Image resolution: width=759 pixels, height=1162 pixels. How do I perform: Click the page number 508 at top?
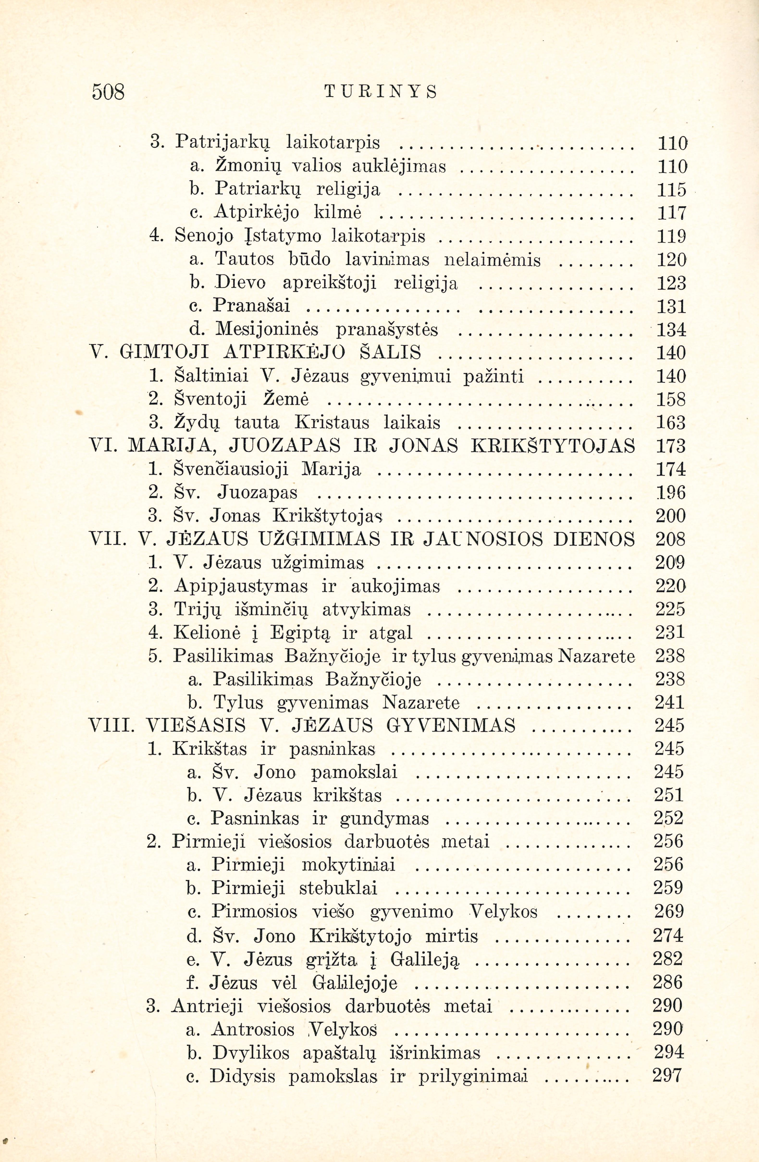(108, 91)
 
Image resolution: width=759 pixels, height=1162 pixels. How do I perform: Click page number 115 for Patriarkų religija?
(672, 189)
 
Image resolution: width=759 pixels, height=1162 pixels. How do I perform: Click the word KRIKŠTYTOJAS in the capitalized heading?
(554, 446)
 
